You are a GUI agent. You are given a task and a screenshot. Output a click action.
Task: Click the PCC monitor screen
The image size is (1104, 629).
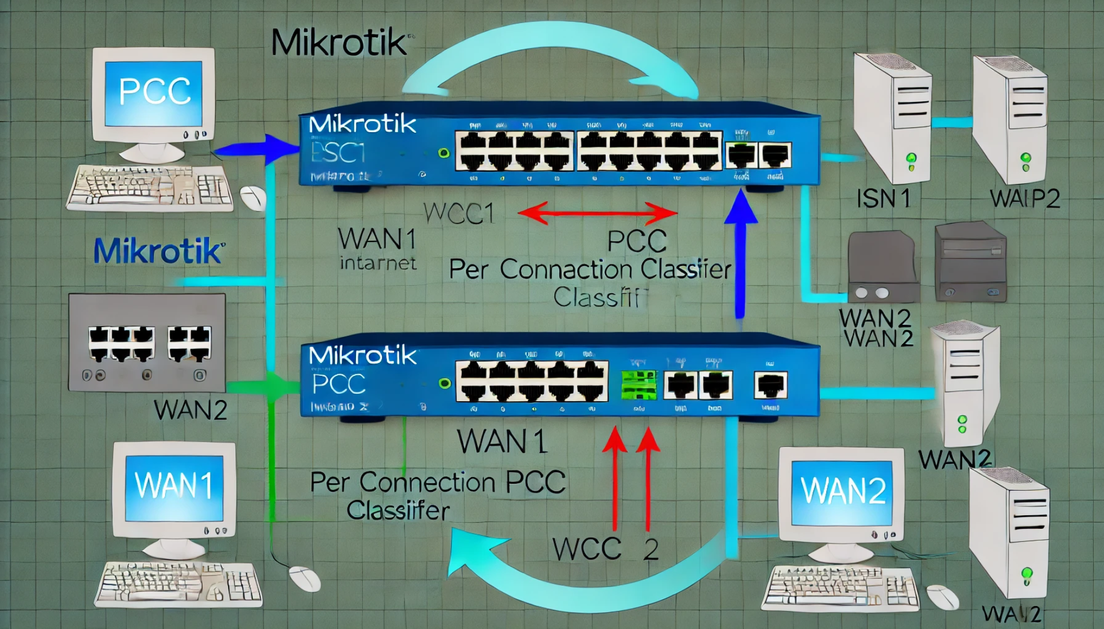click(x=154, y=92)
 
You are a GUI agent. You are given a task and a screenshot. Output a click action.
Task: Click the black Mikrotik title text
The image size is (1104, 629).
click(x=339, y=43)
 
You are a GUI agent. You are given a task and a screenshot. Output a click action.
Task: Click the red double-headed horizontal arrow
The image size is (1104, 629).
click(x=597, y=213)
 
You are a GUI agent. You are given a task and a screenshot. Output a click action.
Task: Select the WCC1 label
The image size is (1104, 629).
click(x=459, y=213)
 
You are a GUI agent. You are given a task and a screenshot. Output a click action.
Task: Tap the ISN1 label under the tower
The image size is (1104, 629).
click(x=883, y=199)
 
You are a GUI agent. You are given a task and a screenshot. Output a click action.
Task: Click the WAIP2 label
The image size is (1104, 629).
click(x=1025, y=199)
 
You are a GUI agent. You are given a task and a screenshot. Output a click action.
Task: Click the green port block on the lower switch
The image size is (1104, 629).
click(x=639, y=385)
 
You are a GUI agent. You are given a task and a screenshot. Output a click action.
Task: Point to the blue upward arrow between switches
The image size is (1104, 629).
click(x=740, y=253)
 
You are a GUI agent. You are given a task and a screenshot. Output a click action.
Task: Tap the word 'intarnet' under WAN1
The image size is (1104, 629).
click(x=378, y=263)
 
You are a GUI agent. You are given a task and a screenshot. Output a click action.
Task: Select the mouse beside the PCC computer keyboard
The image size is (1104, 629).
click(x=253, y=198)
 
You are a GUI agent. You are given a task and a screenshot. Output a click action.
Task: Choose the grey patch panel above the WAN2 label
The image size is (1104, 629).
click(x=146, y=342)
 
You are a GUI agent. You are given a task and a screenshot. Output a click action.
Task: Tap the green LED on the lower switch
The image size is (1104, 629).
click(x=444, y=384)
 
